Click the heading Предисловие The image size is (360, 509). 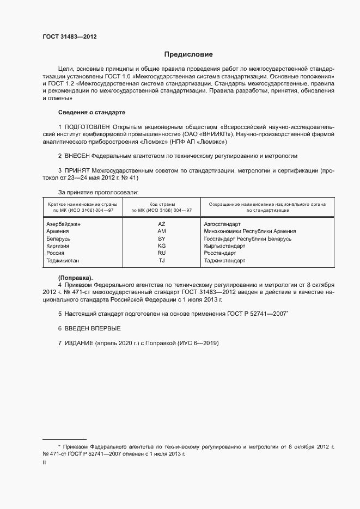coord(188,54)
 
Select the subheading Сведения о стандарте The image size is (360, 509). coord(91,113)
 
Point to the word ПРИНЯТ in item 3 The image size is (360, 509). coord(79,170)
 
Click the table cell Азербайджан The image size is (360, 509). coord(64,224)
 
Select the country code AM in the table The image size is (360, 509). coord(161,231)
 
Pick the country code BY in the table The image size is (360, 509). coord(161,238)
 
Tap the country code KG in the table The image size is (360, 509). coord(161,246)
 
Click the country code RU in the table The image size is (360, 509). coord(161,253)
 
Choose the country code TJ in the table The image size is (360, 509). coord(161,261)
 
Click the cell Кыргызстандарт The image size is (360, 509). coord(224,246)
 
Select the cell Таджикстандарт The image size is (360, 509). coord(224,261)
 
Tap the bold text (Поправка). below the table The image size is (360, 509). coord(75,278)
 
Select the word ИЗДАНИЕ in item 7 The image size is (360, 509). coord(79,344)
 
